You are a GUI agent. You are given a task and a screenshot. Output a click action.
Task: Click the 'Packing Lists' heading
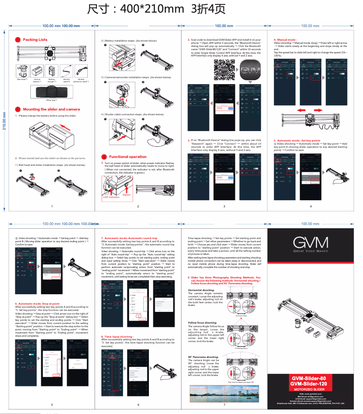[x=35, y=40]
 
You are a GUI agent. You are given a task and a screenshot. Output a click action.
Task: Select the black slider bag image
[x=52, y=92]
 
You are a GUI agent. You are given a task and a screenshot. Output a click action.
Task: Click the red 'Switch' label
[x=126, y=195]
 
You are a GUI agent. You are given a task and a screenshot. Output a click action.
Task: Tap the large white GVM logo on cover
[x=310, y=243]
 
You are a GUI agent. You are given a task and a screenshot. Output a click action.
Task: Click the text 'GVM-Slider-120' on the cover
[x=310, y=384]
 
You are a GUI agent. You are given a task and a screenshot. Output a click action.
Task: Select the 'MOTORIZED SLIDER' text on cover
[x=310, y=389]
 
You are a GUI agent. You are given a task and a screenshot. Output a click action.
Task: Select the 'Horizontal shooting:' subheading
[x=201, y=290]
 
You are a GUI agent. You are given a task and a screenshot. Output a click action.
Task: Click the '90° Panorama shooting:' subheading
[x=203, y=357]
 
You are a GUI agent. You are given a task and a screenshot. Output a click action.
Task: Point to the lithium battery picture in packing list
[x=37, y=71]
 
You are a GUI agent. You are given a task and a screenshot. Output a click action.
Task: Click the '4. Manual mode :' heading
[x=285, y=40]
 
